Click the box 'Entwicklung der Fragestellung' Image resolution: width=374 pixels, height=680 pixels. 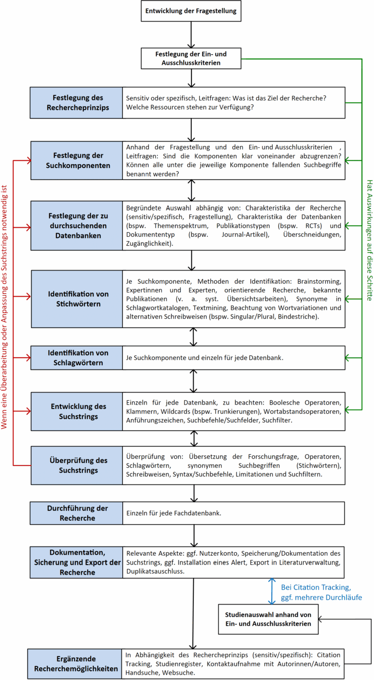pos(191,10)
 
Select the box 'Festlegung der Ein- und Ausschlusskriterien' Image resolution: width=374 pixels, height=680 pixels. pos(191,58)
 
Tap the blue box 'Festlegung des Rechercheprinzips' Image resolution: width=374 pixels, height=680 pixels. pos(76,102)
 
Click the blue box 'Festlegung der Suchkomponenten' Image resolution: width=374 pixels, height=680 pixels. pos(76,160)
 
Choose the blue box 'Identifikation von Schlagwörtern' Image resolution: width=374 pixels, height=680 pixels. pos(76,357)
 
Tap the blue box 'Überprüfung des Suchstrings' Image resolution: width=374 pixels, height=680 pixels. pos(76,465)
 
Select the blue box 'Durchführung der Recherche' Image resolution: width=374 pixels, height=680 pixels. pos(76,513)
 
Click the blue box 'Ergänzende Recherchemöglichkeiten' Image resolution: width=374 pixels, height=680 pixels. pos(76,663)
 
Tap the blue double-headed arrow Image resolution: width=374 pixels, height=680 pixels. pos(271,590)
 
